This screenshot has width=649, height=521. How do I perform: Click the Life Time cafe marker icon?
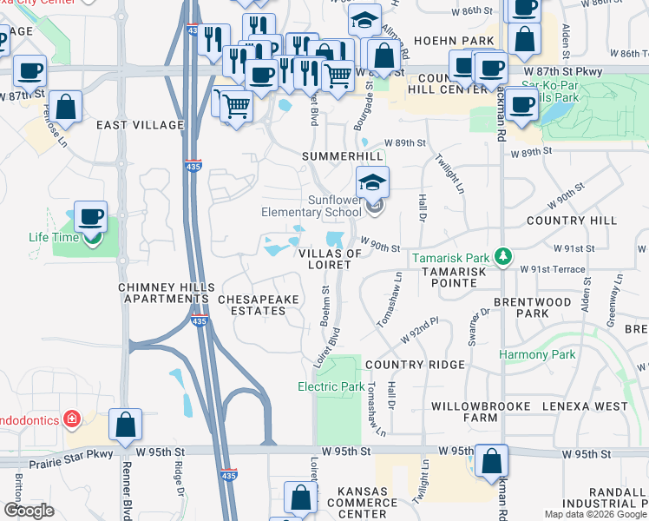90,217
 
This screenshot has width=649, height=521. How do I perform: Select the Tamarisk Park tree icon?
501,256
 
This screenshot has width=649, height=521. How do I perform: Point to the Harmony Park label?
537,354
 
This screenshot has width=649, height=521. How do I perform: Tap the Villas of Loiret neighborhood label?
330,259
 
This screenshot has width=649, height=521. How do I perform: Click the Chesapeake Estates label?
259,305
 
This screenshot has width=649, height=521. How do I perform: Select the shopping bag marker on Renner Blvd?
126,425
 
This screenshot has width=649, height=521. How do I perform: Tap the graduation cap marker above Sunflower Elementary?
371,181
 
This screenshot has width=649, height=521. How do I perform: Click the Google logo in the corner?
29,511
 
